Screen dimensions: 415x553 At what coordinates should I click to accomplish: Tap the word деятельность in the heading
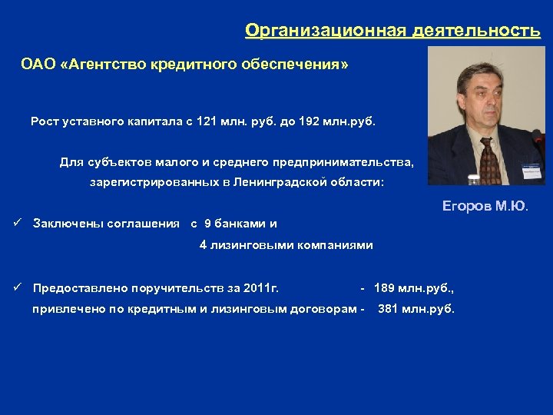coord(476,31)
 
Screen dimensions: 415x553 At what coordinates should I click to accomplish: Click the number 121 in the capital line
coord(207,122)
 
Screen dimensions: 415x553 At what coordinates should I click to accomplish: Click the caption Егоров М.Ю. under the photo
coord(485,206)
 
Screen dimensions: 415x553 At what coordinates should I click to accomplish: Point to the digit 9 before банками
coord(207,224)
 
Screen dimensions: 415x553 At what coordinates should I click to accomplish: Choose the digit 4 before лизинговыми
coord(203,245)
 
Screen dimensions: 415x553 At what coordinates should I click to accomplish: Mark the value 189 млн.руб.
coord(414,288)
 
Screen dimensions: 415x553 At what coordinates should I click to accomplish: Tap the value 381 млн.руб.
coord(416,310)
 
